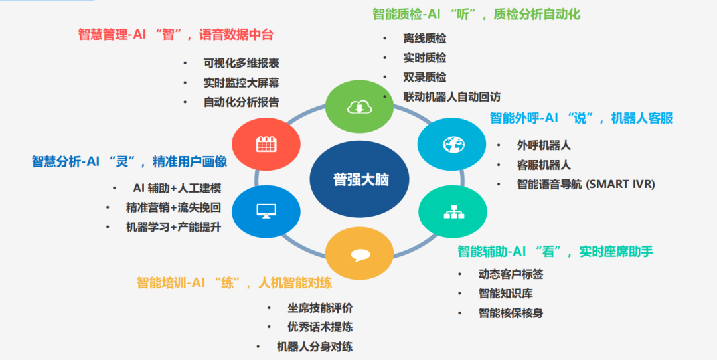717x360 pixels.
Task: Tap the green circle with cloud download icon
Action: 358,106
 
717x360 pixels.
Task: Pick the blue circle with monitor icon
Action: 266,211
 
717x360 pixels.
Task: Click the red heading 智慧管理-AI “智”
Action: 175,35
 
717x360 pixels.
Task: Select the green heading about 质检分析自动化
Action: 476,14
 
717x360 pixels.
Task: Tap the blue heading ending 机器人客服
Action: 581,118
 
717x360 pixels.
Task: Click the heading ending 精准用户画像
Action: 129,161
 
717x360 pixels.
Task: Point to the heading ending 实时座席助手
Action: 555,251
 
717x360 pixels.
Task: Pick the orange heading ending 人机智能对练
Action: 234,283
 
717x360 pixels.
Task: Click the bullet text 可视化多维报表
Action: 241,63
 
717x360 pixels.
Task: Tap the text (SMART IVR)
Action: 620,185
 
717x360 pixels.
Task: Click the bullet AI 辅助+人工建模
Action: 177,188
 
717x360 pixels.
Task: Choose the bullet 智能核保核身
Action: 511,312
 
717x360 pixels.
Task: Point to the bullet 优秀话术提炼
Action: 319,327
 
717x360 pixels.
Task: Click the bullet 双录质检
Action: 424,77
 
